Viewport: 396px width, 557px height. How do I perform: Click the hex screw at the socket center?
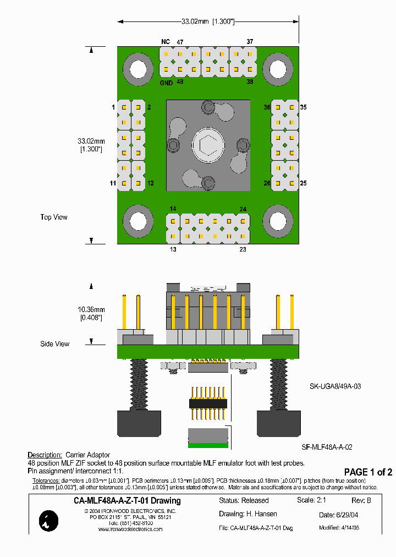point(208,146)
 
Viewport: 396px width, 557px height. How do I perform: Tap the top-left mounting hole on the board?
point(135,69)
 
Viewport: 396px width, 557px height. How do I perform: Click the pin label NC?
point(165,42)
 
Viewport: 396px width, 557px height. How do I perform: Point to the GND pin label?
point(166,83)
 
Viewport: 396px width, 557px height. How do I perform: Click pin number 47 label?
point(180,42)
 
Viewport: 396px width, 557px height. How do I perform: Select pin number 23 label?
point(243,249)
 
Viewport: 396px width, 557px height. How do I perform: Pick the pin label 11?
point(112,183)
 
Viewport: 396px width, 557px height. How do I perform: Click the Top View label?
point(54,217)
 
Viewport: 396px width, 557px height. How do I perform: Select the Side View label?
point(55,344)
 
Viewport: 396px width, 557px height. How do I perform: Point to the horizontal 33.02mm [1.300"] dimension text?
point(208,21)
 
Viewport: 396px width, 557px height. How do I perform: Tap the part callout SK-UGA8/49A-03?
point(335,386)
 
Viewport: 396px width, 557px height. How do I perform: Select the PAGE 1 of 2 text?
point(368,472)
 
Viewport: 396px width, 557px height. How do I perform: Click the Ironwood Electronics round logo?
point(49,521)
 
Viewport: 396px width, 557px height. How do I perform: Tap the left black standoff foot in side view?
point(139,423)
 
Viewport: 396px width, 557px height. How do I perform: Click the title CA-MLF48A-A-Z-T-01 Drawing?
point(127,501)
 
